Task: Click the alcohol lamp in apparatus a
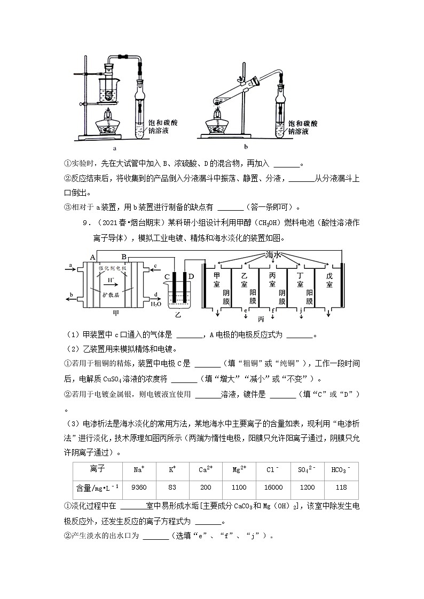coord(108,127)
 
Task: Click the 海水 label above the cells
coord(273,255)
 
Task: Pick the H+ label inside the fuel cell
coord(111,279)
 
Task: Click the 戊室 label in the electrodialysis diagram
coord(329,280)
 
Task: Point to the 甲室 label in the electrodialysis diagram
coord(217,280)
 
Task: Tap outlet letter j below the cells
coord(301,309)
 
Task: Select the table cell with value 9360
coord(138,488)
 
